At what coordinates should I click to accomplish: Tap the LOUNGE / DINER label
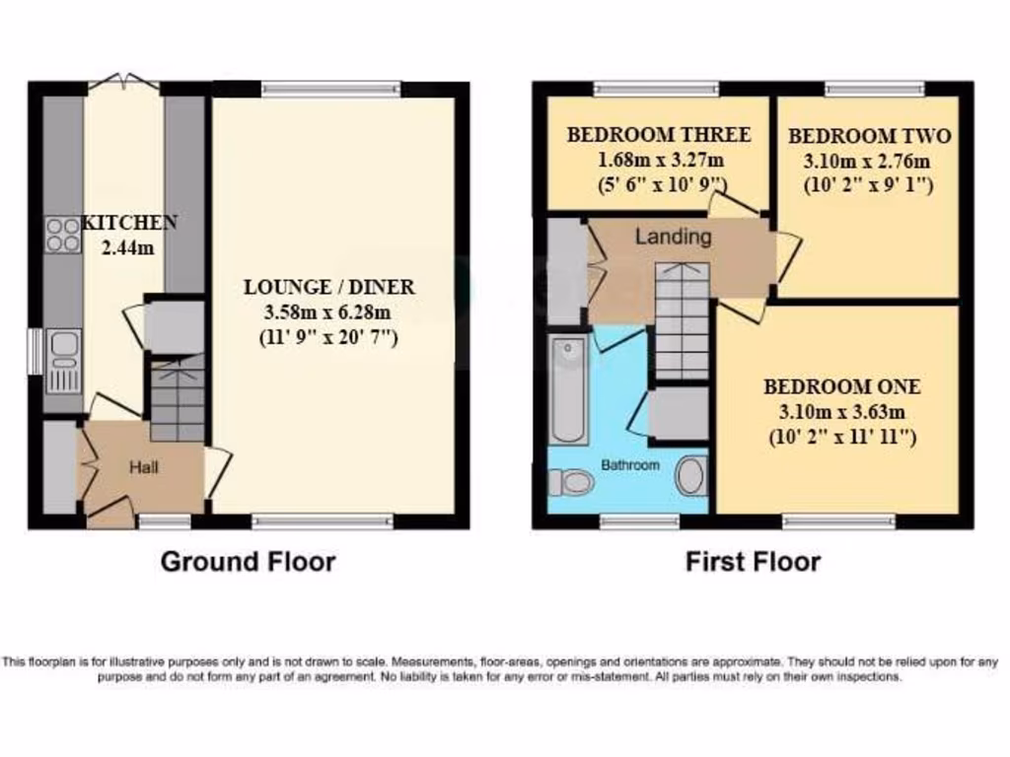(x=329, y=288)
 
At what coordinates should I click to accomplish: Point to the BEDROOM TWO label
(x=869, y=137)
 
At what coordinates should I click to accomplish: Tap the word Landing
(x=673, y=237)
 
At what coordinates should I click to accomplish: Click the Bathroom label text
(x=631, y=464)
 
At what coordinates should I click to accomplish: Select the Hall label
(x=144, y=467)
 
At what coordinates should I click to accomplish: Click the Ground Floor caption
(x=248, y=562)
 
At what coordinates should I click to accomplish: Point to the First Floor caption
(x=753, y=562)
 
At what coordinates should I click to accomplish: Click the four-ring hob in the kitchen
(x=63, y=235)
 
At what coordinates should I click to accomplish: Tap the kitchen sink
(x=63, y=361)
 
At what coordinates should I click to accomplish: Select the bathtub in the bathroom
(x=569, y=390)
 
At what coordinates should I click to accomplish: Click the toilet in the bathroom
(x=569, y=481)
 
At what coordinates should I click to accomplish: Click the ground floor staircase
(x=178, y=399)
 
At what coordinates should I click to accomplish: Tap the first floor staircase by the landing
(x=682, y=321)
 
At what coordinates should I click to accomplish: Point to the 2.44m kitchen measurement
(x=127, y=247)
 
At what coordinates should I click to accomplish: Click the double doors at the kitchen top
(x=123, y=83)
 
